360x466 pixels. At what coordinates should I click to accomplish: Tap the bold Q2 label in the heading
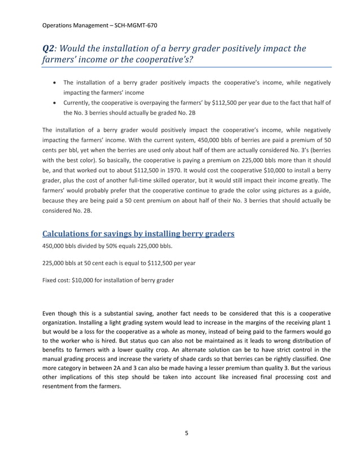click(49, 49)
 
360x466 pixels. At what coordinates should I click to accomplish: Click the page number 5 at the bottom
click(187, 434)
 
